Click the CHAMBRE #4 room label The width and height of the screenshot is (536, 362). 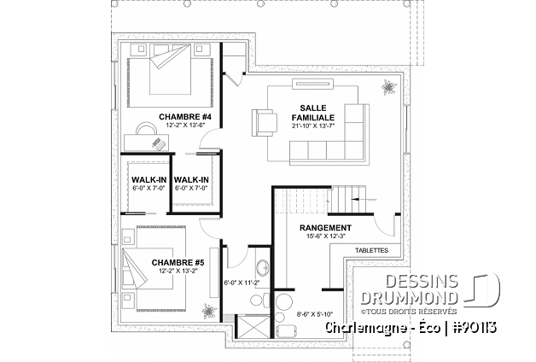[185, 117]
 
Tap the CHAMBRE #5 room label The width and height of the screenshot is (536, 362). [178, 262]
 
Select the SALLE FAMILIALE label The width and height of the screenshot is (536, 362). [312, 113]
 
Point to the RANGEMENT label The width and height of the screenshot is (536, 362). [325, 228]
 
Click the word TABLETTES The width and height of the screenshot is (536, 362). [371, 250]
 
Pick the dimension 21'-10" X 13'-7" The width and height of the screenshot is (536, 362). [312, 126]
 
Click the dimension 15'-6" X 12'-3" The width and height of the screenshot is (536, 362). [325, 236]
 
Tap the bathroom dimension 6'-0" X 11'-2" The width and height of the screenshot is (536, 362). [242, 283]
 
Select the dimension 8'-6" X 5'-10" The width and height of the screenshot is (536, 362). [314, 314]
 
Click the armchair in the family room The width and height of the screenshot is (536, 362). [265, 123]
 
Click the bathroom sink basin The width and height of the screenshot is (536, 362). [263, 268]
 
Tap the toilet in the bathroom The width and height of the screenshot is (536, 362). [260, 301]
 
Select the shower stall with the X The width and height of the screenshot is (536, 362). [253, 326]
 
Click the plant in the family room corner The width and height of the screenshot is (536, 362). [388, 87]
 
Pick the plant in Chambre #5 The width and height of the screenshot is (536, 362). [207, 311]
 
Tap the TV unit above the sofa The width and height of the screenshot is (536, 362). [312, 85]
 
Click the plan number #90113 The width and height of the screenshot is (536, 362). [475, 328]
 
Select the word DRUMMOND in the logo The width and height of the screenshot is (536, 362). [409, 298]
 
